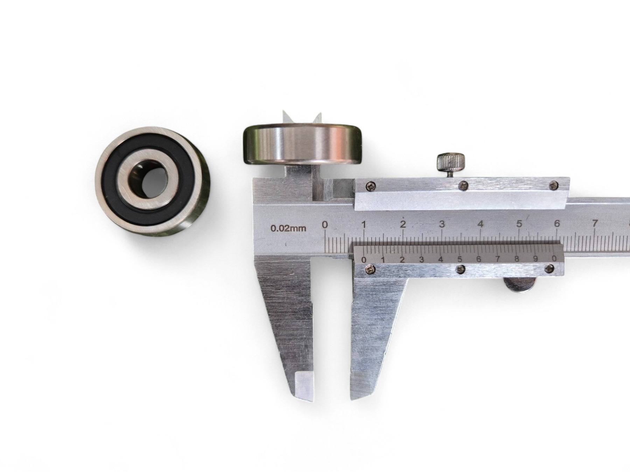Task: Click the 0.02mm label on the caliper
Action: pyautogui.click(x=288, y=229)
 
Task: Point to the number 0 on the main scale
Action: pyautogui.click(x=325, y=225)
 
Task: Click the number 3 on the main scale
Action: pyautogui.click(x=442, y=224)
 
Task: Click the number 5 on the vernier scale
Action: pyautogui.click(x=460, y=259)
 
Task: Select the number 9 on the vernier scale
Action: pyautogui.click(x=535, y=259)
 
